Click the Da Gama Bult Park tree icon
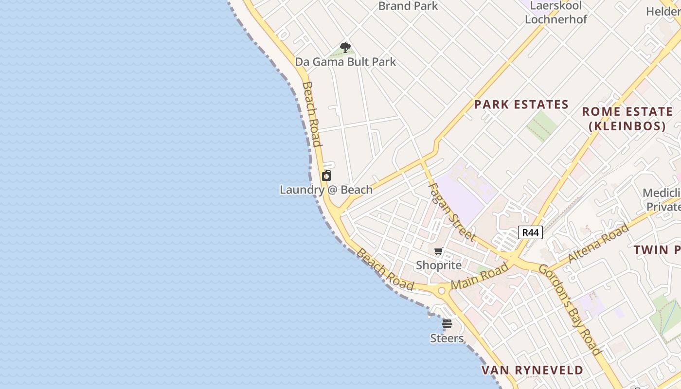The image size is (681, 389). tap(345, 48)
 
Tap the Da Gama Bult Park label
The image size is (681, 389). tap(345, 62)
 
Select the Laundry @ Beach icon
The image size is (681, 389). tap(326, 176)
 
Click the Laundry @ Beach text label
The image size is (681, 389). tap(326, 190)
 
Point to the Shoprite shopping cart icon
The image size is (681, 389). tap(439, 251)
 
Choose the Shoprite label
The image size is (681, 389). tap(439, 265)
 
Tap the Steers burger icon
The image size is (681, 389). tap(447, 324)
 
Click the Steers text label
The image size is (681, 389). tap(447, 337)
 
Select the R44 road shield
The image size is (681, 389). tap(530, 232)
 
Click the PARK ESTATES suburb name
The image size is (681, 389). tap(521, 105)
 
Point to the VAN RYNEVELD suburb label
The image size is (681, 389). tap(532, 370)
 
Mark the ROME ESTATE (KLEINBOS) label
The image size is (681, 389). tap(627, 119)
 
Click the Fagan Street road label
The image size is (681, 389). tap(451, 212)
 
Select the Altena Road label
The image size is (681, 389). tap(598, 243)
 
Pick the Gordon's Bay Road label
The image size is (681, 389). tap(571, 310)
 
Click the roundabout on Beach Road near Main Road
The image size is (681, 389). tap(442, 291)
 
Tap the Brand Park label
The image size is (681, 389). tap(408, 6)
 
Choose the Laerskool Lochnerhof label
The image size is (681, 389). tap(556, 13)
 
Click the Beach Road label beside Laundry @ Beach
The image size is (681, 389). tap(312, 114)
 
